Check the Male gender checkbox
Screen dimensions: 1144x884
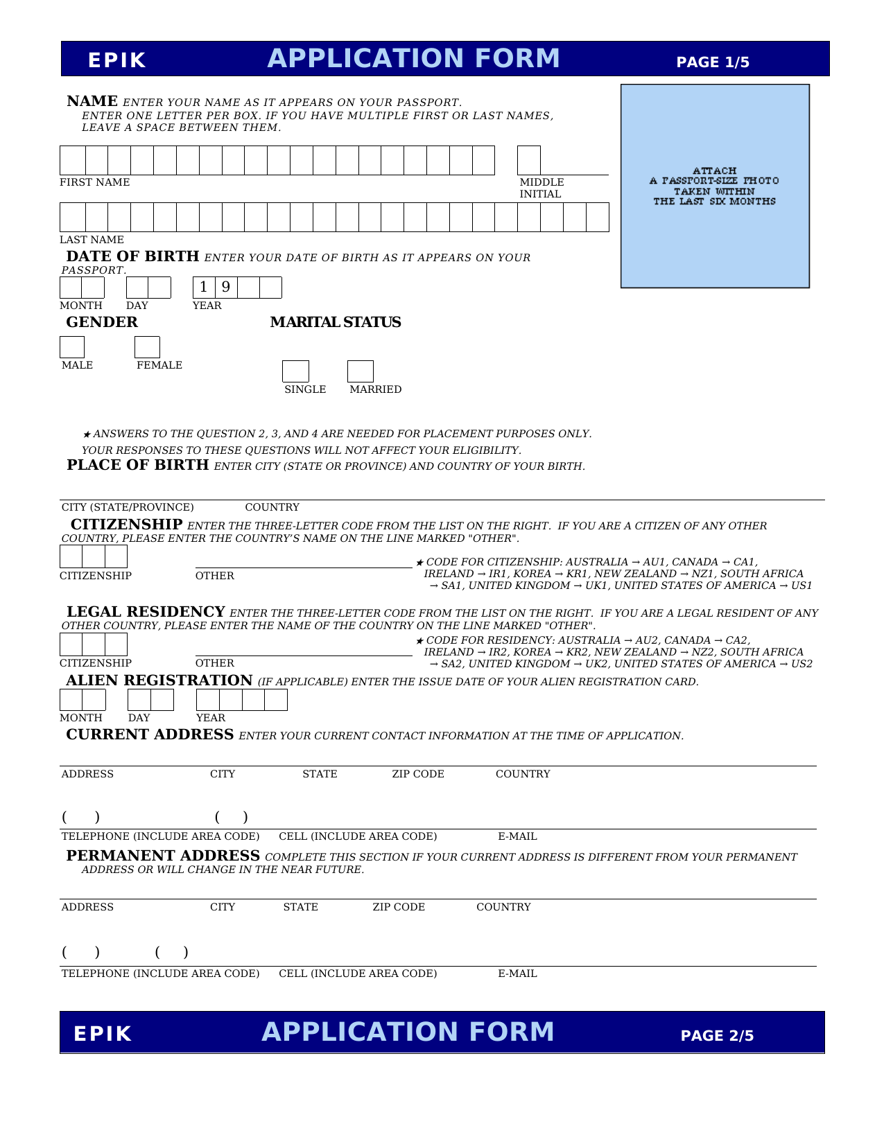(x=72, y=347)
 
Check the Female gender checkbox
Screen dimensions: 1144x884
(x=147, y=347)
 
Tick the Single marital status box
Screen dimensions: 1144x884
(x=295, y=371)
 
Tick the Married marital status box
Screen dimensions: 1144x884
(x=360, y=371)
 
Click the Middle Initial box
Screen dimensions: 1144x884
(x=528, y=161)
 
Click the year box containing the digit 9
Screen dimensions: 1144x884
(x=226, y=287)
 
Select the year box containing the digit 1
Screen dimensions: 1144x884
(x=204, y=287)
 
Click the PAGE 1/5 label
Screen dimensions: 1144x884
(x=713, y=62)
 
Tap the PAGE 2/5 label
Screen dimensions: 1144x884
(x=717, y=1036)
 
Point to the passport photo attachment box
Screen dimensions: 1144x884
(x=715, y=186)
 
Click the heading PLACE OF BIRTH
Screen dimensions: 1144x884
(x=138, y=465)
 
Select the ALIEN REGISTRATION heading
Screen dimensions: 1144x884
(x=159, y=680)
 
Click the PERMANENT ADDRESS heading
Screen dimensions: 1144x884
(x=163, y=856)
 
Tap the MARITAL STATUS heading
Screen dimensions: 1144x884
(x=336, y=322)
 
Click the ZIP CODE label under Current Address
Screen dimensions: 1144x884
(x=418, y=774)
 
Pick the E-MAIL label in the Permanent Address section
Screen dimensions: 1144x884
(x=517, y=974)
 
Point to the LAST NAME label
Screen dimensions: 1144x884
(x=92, y=240)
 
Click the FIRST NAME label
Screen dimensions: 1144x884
(x=94, y=182)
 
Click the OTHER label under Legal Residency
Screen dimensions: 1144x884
(x=215, y=663)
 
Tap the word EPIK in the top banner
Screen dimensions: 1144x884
(x=117, y=61)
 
